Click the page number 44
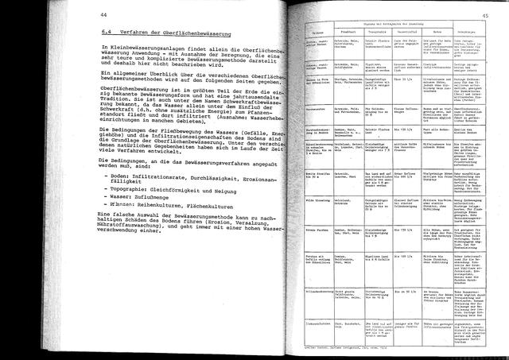(x=105, y=15)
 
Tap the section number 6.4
(x=107, y=33)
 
